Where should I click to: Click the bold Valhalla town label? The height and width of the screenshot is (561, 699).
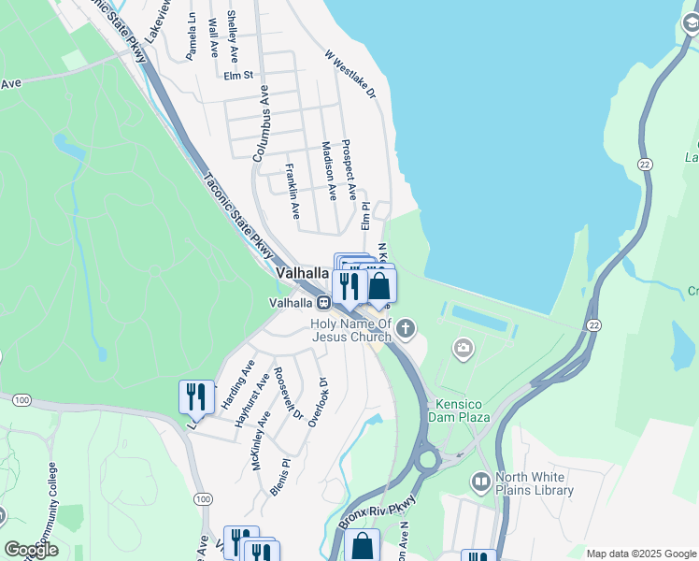coord(303,273)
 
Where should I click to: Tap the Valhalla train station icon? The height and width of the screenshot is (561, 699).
coord(322,302)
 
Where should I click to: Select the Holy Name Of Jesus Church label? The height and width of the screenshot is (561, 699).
coord(351,330)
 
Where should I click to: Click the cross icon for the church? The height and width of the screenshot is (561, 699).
coord(405,328)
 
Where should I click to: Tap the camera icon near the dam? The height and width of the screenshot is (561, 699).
coord(463,350)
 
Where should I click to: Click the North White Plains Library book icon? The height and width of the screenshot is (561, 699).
coord(480,482)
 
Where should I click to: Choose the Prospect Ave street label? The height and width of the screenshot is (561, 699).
coord(349,169)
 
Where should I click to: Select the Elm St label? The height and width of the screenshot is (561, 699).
coord(238,77)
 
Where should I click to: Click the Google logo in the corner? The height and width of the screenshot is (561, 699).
coord(31,550)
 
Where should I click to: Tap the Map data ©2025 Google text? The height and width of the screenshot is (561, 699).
coord(640,554)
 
